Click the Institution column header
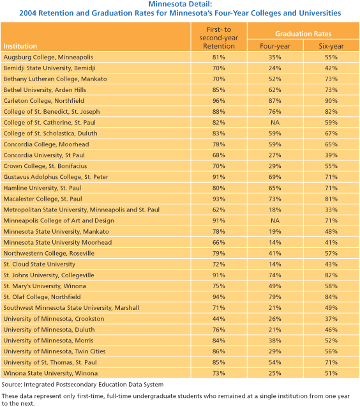pos(20,46)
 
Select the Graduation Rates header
pos(303,34)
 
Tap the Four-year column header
pos(275,46)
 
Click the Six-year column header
pos(331,46)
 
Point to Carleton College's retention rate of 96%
pos(219,101)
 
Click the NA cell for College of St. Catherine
pos(275,123)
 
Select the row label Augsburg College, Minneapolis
pos(49,58)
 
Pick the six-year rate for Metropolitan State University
pos(331,210)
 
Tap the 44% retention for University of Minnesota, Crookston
pos(219,319)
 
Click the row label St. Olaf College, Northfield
pos(42,297)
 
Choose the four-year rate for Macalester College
pos(275,199)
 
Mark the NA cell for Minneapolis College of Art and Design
pos(275,220)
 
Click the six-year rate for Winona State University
pos(331,373)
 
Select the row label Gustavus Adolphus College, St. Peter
pos(56,177)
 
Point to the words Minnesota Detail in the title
pos(180,4)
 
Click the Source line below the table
pos(82,385)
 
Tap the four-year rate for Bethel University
pos(275,90)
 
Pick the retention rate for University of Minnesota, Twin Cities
pos(219,351)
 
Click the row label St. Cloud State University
pos(39,265)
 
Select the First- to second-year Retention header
pos(219,38)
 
